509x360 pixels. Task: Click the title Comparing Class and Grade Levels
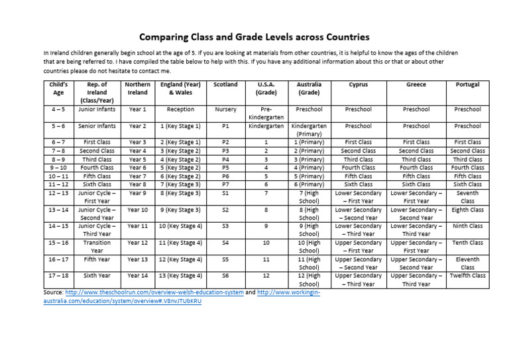click(x=254, y=37)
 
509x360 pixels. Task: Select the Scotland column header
click(x=225, y=85)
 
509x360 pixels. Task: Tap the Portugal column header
click(x=467, y=85)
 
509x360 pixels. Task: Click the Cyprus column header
click(x=359, y=85)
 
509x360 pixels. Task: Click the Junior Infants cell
click(x=97, y=109)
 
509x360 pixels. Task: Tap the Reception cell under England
click(x=180, y=109)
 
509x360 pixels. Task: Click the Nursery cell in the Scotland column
click(x=225, y=109)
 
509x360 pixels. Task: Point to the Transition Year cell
click(x=97, y=247)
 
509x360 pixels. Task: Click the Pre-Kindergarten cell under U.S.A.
click(x=266, y=113)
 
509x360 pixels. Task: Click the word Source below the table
click(x=55, y=292)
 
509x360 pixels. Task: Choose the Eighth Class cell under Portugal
click(x=467, y=210)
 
